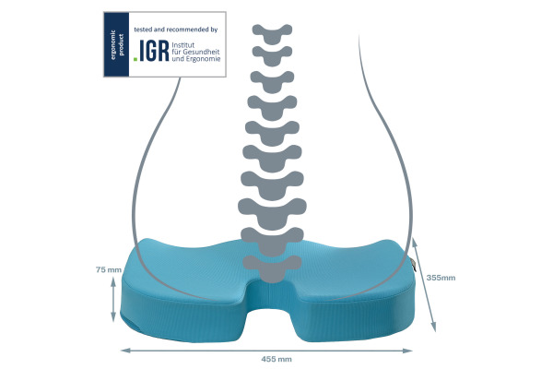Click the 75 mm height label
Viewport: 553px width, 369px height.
[x=109, y=269]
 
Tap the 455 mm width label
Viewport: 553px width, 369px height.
[x=270, y=359]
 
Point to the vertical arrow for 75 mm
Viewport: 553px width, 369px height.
[x=113, y=297]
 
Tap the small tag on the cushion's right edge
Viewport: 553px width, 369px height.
[x=415, y=268]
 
